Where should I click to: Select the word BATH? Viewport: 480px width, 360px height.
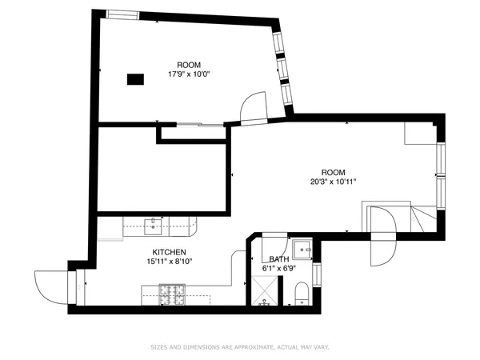click(278, 260)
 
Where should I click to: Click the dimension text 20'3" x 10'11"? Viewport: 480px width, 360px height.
click(333, 182)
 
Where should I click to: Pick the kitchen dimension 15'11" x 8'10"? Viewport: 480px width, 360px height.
click(168, 261)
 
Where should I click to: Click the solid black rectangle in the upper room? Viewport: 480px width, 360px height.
click(135, 78)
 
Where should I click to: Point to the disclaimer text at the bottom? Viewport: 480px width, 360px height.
click(239, 347)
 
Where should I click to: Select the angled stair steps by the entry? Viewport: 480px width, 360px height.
click(424, 216)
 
